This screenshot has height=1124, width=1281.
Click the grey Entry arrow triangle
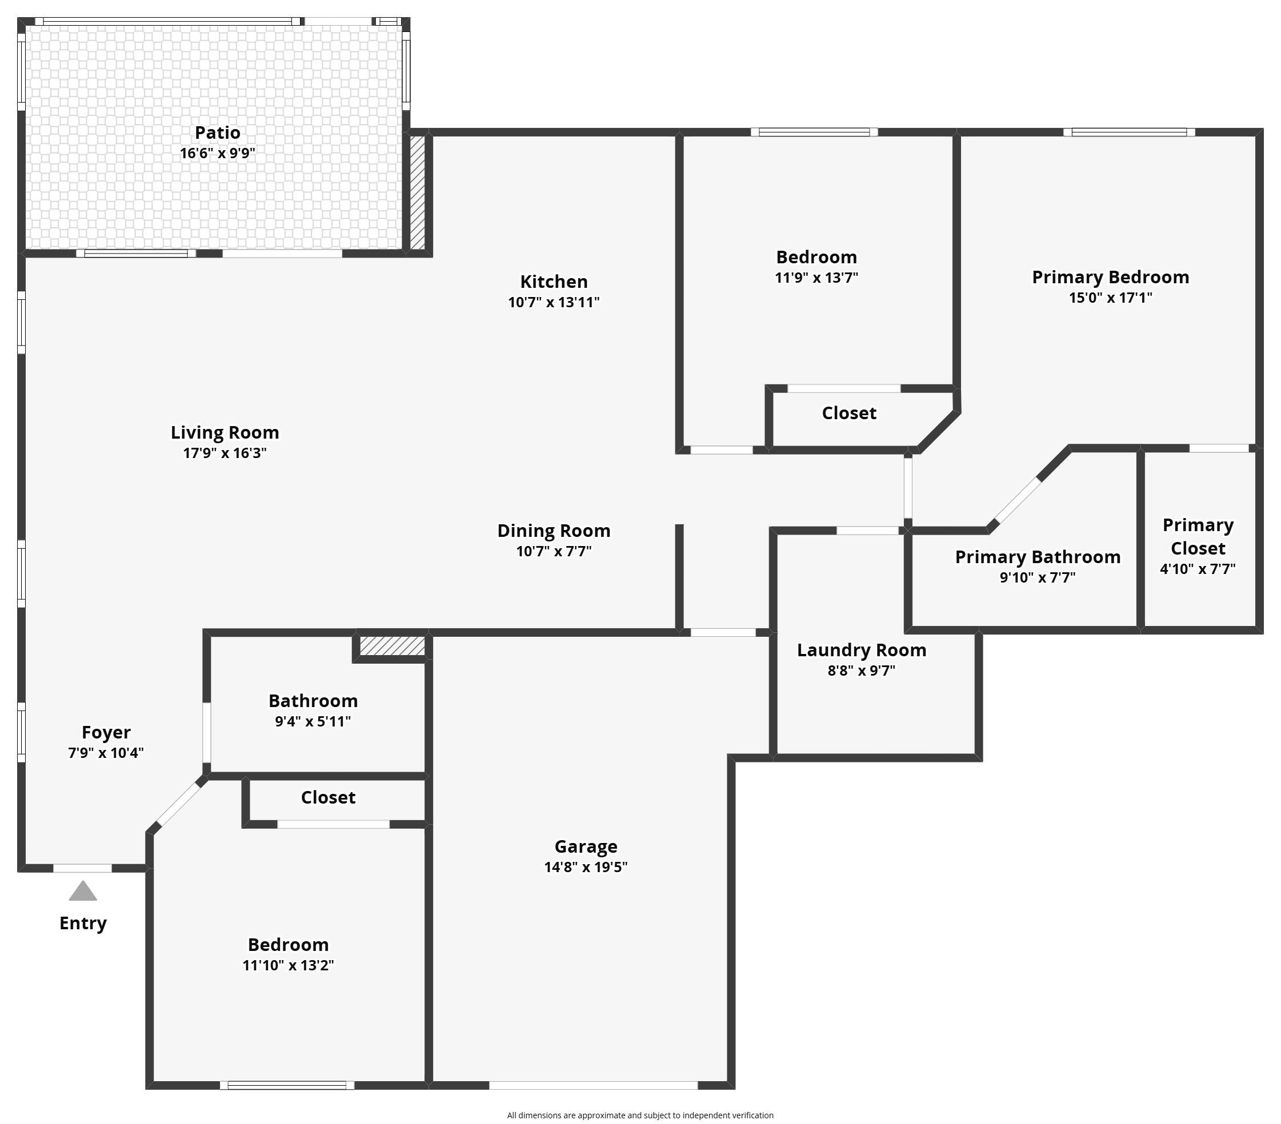coord(83,891)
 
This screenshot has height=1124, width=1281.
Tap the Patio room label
coord(218,133)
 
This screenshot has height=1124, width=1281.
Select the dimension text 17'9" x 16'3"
coord(225,453)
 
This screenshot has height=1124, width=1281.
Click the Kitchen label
coord(554,282)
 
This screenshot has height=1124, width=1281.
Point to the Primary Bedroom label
coord(1110,277)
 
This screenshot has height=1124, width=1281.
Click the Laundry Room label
coord(861,651)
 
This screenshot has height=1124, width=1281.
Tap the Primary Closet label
coord(1198,536)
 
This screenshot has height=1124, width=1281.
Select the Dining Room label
coord(554,531)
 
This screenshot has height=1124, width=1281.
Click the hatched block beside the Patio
coord(418,193)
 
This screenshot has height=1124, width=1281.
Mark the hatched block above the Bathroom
coord(393,647)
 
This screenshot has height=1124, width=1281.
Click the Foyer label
coord(106,732)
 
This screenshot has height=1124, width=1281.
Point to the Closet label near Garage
coord(328,797)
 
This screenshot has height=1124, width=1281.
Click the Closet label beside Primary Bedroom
coord(848,413)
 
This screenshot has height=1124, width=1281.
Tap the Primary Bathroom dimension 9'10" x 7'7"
coord(1037,577)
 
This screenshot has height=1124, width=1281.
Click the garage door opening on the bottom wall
coord(593,1085)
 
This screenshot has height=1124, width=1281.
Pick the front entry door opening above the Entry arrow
coord(82,868)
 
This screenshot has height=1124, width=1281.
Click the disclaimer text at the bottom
coord(640,1115)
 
